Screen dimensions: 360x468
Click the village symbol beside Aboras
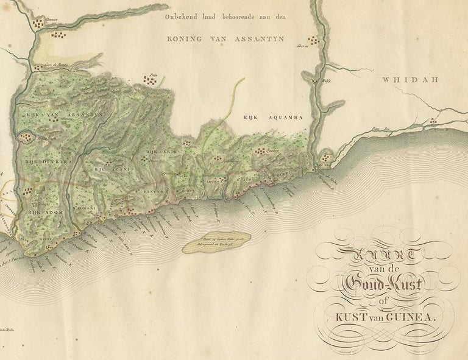pos(313,41)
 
